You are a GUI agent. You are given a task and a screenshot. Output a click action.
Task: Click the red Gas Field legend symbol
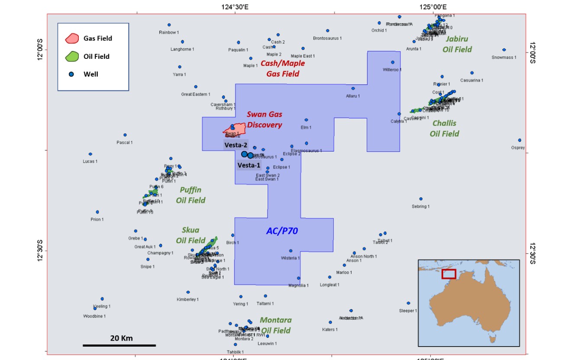(x=71, y=38)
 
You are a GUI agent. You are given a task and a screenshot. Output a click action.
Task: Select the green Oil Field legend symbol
(x=71, y=56)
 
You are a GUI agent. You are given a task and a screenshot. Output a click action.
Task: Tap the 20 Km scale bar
(x=119, y=345)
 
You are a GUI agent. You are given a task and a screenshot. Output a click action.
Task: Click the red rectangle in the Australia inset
(x=449, y=274)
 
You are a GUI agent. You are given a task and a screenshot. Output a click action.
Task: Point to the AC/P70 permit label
(x=282, y=231)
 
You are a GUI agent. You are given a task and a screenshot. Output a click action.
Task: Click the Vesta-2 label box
(x=236, y=145)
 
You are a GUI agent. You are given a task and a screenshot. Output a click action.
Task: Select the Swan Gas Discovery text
(x=265, y=120)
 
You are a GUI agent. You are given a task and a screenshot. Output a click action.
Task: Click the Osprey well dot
(x=520, y=140)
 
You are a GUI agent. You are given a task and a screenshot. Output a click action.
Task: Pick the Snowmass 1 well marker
(x=504, y=50)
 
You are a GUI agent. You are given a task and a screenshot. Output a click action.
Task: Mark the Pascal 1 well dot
(x=125, y=135)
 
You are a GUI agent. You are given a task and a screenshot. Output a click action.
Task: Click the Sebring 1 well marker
(x=420, y=199)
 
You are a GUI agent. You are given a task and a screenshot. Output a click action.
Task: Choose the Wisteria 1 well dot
(x=290, y=251)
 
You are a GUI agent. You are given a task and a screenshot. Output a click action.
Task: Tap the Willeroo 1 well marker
(x=393, y=62)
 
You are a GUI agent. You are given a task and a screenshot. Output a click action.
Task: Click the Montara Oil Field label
(x=275, y=325)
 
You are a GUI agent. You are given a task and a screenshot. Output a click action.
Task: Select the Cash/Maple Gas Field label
(x=280, y=68)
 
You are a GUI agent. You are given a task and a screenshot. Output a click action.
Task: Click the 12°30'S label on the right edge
(x=532, y=251)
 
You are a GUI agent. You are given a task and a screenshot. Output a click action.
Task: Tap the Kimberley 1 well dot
(x=188, y=292)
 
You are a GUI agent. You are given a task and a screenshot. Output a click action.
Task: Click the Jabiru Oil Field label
(x=457, y=44)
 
